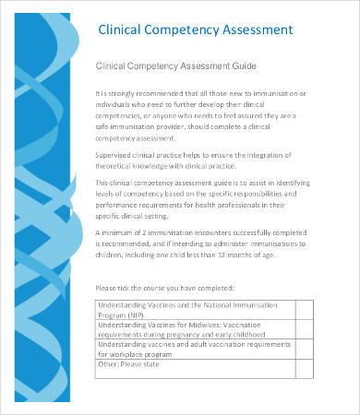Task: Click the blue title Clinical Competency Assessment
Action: pos(197,30)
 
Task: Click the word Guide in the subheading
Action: pos(243,66)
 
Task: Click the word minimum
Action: pos(123,234)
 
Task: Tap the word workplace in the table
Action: pos(123,353)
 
